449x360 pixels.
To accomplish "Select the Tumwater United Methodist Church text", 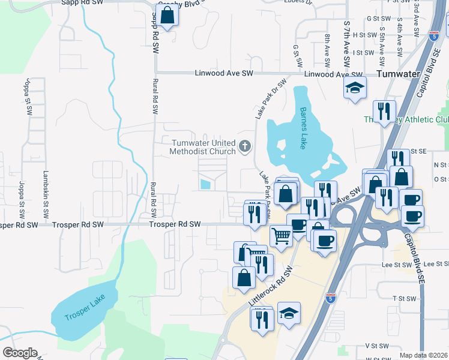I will coord(203,147).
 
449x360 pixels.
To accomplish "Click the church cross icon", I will coord(245,146).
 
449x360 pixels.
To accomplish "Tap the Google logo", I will coord(20,353).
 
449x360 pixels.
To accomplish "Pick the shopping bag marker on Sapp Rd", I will coord(167,16).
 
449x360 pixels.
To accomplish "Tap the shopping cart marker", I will coord(280,235).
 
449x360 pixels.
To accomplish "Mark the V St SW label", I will coord(377,347).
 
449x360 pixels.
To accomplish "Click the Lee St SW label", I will coord(394,264).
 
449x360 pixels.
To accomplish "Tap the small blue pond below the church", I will coord(205,184).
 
